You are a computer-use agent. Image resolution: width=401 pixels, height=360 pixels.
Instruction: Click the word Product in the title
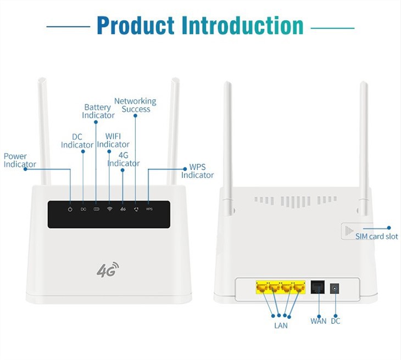pos(136,26)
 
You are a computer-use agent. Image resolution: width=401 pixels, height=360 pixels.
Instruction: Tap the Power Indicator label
pos(20,160)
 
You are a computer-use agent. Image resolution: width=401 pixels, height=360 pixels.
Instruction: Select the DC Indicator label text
pos(77,141)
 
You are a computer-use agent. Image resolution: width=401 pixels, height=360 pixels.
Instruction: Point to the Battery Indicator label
pos(98,111)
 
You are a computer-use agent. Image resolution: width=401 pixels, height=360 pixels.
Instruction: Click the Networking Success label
pos(135,105)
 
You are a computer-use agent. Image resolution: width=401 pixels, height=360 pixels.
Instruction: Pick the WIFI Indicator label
pos(113,140)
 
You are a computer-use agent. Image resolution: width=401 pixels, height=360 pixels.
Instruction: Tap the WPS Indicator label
pos(197,171)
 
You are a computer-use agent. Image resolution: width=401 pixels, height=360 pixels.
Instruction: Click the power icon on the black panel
pos(70,209)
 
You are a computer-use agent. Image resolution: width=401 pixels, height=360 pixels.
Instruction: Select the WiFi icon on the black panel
pos(109,209)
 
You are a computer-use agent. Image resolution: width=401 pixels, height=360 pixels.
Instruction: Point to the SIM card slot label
pos(376,237)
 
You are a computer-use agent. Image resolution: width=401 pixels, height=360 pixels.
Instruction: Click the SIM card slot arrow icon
pos(348,232)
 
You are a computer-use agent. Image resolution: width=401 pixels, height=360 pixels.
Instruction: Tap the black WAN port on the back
pos(318,287)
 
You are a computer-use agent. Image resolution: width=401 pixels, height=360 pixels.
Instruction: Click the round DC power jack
pos(335,288)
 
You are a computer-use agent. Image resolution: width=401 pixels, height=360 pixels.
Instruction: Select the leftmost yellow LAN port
pos(261,286)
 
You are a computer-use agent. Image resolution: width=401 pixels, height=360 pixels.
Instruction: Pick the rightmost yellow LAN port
pos(299,286)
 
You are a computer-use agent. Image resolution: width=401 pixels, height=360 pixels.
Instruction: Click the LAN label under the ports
pos(280,325)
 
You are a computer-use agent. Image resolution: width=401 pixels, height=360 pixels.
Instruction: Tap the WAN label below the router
pos(318,321)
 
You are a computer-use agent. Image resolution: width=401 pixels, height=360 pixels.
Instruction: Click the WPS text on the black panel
pos(149,209)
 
